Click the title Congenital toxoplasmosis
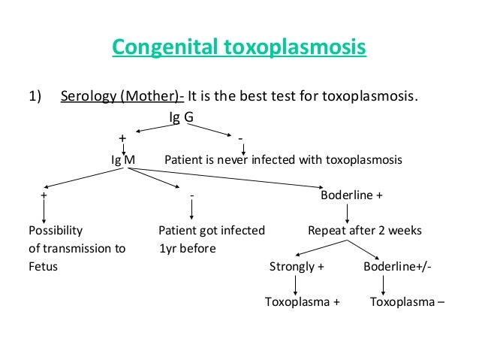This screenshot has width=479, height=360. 239,50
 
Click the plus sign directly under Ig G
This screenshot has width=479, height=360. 122,139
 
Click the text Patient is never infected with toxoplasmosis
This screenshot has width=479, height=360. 283,160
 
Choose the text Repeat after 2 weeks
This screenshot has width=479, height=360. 365,230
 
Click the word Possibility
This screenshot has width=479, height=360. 56,230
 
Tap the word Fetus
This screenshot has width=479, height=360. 42,266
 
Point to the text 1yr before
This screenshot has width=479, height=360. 187,248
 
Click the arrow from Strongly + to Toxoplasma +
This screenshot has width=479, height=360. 296,284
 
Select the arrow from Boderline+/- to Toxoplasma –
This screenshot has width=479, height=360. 384,284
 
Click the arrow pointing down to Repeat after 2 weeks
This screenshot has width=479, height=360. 346,212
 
